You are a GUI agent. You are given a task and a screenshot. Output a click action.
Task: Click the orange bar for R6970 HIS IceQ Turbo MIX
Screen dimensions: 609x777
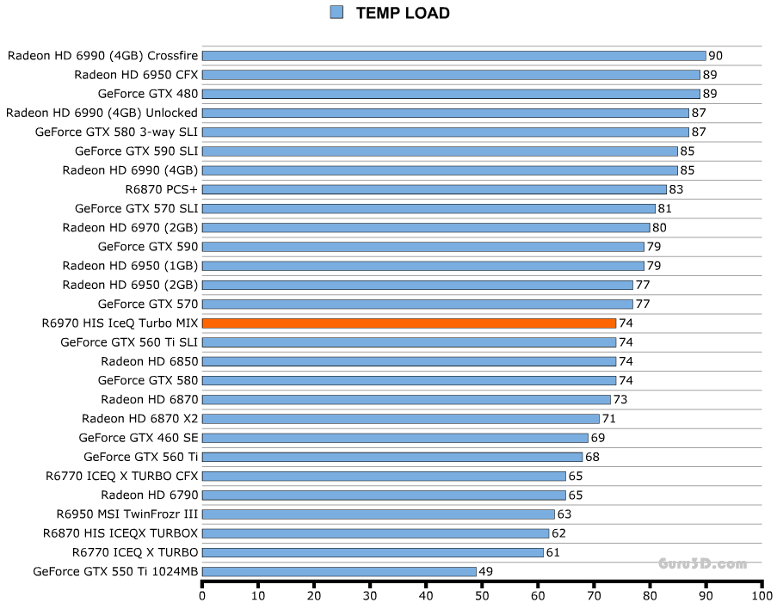[409, 323]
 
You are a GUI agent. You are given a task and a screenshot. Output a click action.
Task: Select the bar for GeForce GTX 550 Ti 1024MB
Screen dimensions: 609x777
[339, 571]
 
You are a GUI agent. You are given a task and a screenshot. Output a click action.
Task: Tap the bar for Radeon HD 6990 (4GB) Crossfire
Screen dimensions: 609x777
[453, 56]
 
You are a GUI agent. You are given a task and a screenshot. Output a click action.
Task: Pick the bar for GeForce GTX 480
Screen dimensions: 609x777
[451, 94]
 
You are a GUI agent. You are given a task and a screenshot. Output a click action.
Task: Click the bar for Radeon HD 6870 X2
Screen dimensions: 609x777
[400, 419]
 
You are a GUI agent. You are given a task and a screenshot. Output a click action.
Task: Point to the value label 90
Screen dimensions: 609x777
[715, 56]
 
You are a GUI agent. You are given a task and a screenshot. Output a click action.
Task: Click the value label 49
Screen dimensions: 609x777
[485, 571]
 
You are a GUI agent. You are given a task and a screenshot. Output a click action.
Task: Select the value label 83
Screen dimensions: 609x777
[675, 189]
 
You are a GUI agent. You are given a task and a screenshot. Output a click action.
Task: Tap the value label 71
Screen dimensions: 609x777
[608, 419]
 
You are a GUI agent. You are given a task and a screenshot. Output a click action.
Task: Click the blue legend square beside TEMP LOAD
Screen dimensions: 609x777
[336, 12]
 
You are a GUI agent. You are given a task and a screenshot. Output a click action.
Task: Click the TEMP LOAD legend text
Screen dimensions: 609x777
[403, 13]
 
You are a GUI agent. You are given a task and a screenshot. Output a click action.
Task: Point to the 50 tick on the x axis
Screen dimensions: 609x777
[482, 594]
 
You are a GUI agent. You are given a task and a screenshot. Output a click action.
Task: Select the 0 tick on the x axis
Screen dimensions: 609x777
[202, 594]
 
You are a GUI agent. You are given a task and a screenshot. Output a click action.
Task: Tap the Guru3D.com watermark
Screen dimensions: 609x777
[702, 564]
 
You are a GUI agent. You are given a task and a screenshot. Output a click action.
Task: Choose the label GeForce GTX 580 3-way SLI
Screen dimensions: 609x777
[116, 132]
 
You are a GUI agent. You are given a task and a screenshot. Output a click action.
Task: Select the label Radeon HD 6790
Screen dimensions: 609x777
[149, 495]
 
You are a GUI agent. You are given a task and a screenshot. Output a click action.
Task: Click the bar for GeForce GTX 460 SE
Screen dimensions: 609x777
[395, 438]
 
